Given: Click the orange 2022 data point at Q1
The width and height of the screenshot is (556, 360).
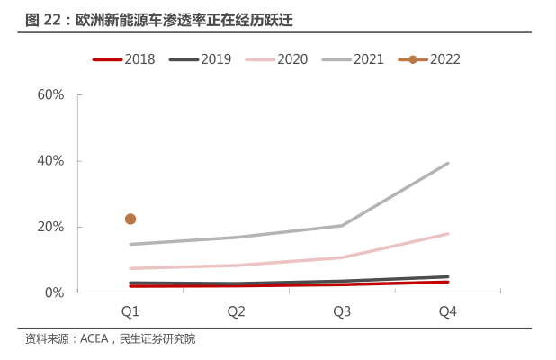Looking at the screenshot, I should [130, 219].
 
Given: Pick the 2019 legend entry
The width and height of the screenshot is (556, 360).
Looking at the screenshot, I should [201, 60].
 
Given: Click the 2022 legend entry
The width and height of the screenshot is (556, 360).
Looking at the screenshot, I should [430, 60].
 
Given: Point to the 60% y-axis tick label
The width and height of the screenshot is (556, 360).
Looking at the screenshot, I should [50, 94].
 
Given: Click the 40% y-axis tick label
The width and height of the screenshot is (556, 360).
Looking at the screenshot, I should [50, 161].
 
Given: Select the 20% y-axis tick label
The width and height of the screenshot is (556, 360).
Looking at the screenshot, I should [50, 227].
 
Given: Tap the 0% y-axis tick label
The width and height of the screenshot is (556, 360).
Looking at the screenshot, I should [54, 292].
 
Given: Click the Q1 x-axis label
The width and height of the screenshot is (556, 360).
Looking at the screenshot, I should [130, 311].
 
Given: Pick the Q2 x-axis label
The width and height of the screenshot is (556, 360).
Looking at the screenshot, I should [237, 311].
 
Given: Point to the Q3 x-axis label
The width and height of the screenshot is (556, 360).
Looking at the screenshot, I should [342, 311].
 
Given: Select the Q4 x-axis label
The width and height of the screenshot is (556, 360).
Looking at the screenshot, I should [448, 311].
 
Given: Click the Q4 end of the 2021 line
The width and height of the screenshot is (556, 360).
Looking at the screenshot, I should [448, 164].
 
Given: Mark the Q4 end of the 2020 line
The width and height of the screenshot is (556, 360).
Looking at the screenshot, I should [448, 234].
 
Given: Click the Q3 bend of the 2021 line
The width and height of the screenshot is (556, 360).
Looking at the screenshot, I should [342, 225].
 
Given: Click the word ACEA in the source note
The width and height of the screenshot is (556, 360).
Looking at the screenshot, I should [94, 339].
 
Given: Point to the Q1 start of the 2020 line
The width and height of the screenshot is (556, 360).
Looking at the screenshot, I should [130, 268].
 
